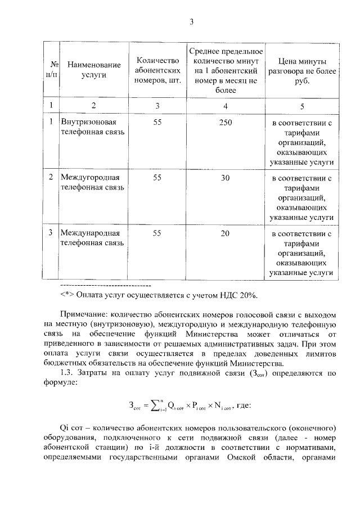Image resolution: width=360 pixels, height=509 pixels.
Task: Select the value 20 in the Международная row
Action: click(226, 232)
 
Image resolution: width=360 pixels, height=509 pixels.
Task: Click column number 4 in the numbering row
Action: click(226, 105)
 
